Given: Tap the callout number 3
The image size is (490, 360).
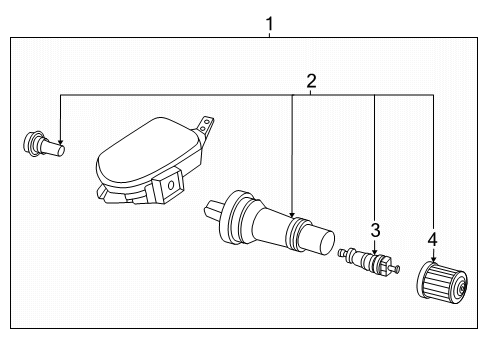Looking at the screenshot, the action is coord(375,230).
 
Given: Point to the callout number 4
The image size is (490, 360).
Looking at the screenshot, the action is coord(433,240).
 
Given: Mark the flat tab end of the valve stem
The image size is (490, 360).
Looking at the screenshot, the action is coord(215,213).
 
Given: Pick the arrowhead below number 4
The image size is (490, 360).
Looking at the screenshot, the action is coord(433,262).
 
